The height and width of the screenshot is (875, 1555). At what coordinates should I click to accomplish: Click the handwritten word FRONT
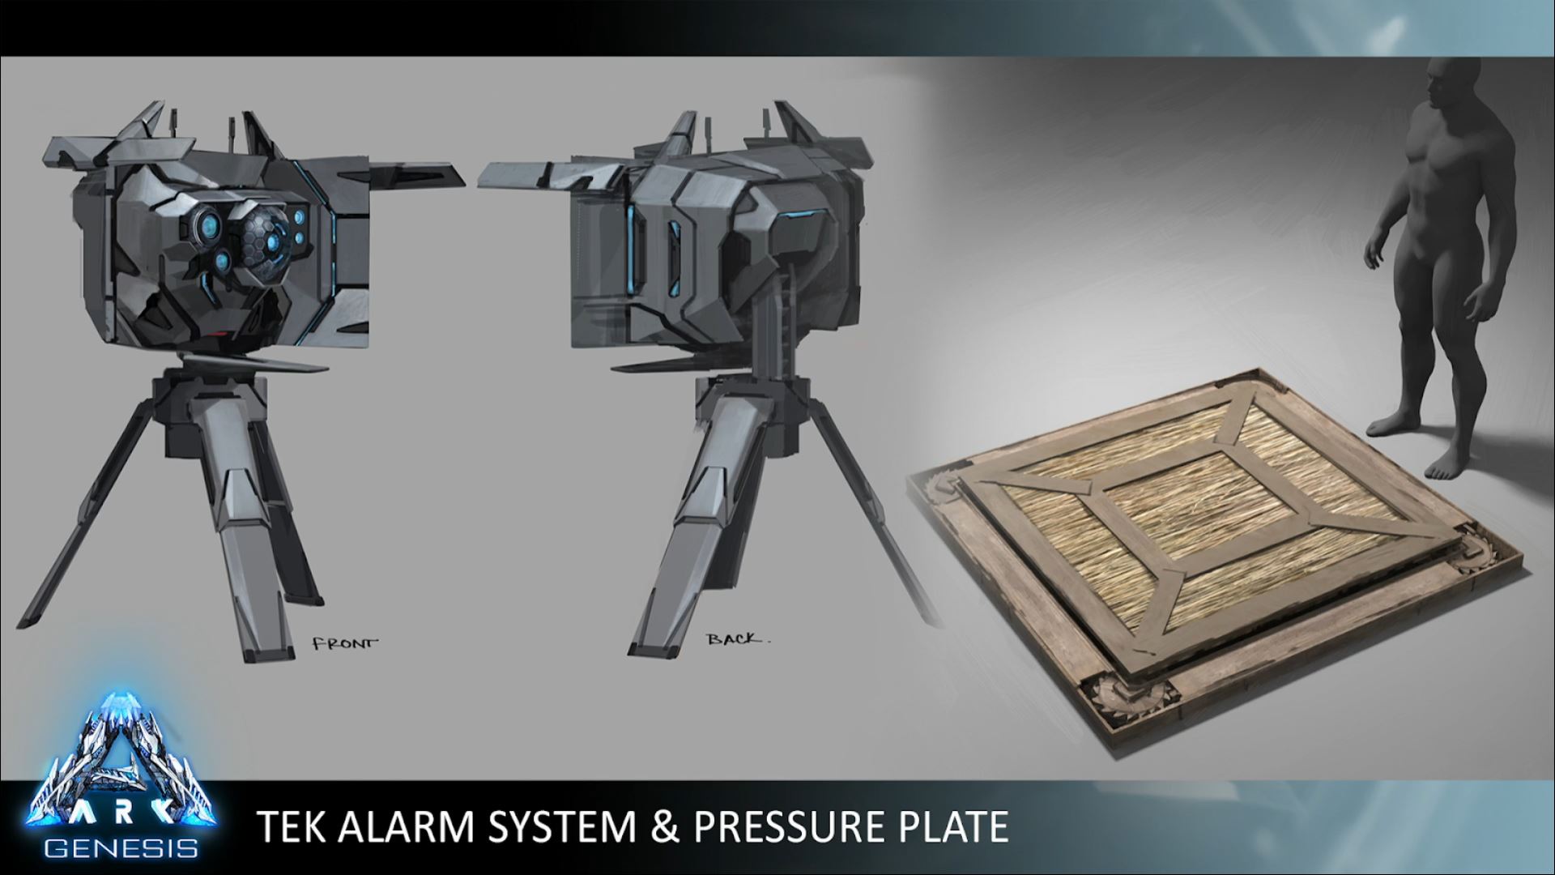345,644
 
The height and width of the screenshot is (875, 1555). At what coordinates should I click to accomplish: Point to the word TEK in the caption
292,826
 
